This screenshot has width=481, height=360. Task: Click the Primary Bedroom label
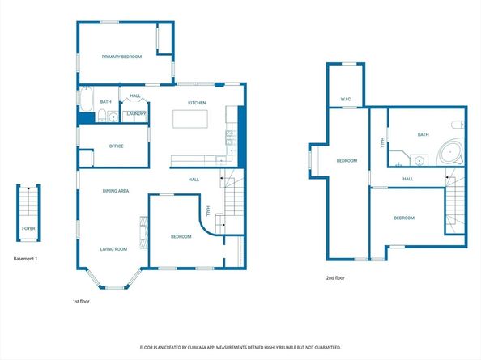[x=121, y=57]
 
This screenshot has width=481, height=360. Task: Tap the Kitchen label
[x=197, y=103]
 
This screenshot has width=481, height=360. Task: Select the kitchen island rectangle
[x=190, y=119]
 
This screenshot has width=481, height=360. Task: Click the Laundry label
[x=136, y=114]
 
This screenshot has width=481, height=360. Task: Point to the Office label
[x=116, y=146]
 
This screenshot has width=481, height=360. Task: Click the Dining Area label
[x=116, y=191]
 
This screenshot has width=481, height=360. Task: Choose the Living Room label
[x=113, y=249]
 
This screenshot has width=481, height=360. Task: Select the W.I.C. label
[x=345, y=100]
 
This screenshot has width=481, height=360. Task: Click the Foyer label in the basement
[x=28, y=239]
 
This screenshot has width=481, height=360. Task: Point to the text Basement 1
[x=26, y=259]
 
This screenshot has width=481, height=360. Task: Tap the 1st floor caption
[x=82, y=301]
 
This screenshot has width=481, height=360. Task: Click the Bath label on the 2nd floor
[x=423, y=135]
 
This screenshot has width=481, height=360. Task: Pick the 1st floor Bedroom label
[x=181, y=236]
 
